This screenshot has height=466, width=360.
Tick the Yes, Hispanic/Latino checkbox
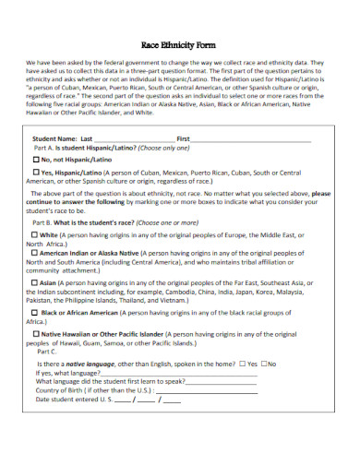(37, 172)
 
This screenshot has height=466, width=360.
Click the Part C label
(46, 352)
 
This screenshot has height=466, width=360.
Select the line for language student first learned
(231, 382)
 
